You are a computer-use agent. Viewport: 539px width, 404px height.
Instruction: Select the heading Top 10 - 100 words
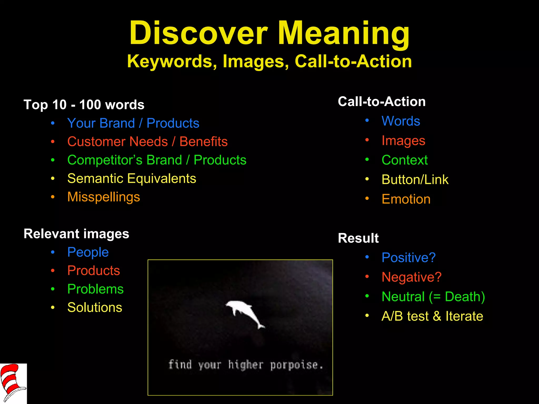pos(84,105)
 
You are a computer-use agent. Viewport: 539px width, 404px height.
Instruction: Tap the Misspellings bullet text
pos(103,197)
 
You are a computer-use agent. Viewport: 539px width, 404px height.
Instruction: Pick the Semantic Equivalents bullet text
pos(132,179)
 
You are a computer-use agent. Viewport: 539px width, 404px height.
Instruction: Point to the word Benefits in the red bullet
pos(203,142)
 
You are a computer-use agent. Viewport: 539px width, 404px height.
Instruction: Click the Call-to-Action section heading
pos(382,102)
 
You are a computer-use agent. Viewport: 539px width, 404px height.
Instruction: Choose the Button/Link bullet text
pos(415,180)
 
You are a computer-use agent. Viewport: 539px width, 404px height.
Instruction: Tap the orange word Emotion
pos(406,199)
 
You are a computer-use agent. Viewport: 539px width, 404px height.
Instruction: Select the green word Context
pos(405,160)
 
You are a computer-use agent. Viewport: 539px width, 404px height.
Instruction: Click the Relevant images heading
pos(76,234)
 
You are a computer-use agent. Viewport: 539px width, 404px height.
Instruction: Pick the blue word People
pos(88,252)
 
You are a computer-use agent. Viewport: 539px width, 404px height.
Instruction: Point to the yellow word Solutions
pos(95,307)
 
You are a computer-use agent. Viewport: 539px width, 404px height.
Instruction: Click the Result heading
pos(358,238)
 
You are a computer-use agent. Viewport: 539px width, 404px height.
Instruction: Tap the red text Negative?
pos(411,277)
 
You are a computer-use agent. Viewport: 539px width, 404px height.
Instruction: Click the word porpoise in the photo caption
pos(294,365)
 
